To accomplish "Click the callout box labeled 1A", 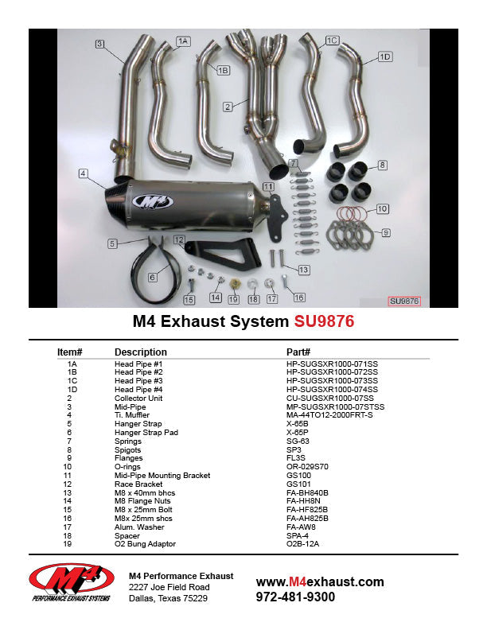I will click(x=183, y=41).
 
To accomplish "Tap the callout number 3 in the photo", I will click(x=99, y=44).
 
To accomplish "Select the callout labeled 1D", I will click(x=385, y=56).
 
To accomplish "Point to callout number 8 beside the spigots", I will click(x=383, y=165).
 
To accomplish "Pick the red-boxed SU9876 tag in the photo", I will click(x=403, y=301).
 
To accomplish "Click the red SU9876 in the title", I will click(x=324, y=322).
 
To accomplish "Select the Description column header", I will click(x=141, y=352).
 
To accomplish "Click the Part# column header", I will click(x=298, y=352).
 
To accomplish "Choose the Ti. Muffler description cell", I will click(x=134, y=414).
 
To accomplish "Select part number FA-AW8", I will click(x=305, y=527).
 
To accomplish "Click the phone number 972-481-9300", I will click(x=295, y=597).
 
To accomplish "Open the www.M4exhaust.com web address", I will click(x=320, y=581).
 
